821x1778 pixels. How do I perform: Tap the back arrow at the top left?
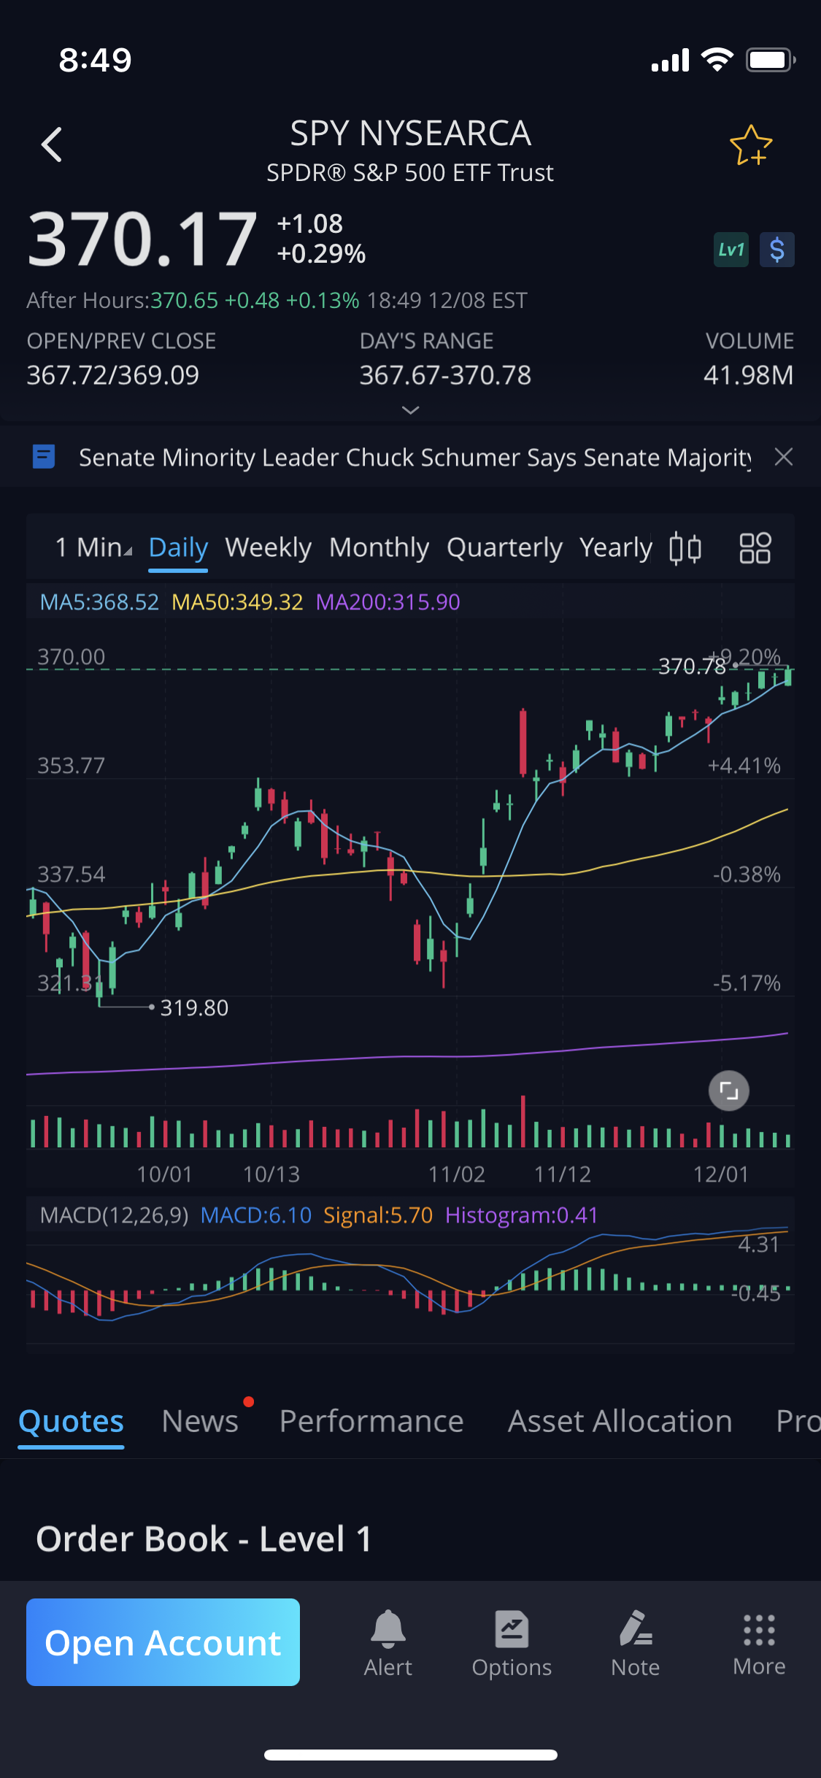pos(52,145)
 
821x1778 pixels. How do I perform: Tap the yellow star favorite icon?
pos(750,145)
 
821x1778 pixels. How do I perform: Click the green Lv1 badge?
pos(731,250)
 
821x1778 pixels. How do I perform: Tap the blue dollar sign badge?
pos(776,250)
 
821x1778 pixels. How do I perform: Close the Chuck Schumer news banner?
pos(784,457)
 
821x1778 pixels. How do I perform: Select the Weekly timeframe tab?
pos(268,547)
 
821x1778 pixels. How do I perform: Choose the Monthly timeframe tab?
pos(379,547)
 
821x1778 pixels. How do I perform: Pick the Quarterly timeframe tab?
pos(504,547)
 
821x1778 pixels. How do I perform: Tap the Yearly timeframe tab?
pos(615,547)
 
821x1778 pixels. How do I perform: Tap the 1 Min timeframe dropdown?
pos(93,547)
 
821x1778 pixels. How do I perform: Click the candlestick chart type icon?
pos(685,548)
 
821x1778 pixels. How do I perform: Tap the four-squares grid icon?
pos(755,548)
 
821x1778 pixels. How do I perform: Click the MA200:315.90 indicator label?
pos(388,602)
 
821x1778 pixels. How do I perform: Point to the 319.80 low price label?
pos(194,1008)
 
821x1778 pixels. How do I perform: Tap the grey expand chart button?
pos(728,1090)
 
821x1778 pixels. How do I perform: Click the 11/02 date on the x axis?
pos(456,1174)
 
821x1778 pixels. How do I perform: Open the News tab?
pos(200,1421)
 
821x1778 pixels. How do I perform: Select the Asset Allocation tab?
pos(620,1421)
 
